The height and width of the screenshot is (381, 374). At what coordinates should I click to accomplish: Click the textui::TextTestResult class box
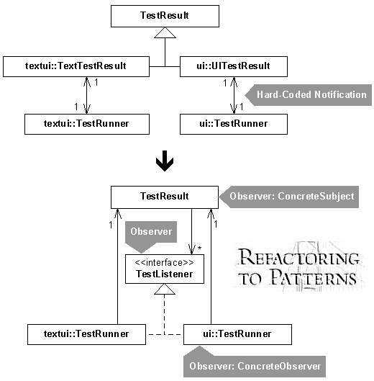coord(76,66)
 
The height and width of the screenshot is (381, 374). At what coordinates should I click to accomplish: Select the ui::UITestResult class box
coord(234,66)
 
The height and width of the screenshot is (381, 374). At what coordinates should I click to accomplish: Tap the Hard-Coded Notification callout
coord(309,95)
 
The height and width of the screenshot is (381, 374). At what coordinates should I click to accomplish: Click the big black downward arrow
coord(165,161)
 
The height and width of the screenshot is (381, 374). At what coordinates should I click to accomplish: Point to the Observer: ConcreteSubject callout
coord(289,197)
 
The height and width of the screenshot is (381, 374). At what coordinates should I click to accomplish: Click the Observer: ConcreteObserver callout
coord(255,363)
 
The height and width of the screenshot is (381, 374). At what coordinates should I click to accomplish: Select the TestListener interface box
coord(165,269)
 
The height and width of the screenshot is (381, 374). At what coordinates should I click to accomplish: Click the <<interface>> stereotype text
coord(164,263)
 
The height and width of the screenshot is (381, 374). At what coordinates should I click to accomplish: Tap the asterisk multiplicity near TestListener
coord(199,248)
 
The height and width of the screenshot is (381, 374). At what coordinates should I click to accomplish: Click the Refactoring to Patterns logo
coord(298,266)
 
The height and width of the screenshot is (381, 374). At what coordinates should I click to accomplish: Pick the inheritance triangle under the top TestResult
coord(165,32)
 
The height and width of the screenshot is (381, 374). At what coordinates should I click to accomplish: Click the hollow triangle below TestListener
coord(165,289)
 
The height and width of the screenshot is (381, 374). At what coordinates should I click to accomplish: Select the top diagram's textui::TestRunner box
coord(87,124)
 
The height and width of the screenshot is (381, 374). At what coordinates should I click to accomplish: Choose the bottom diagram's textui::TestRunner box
coord(86,334)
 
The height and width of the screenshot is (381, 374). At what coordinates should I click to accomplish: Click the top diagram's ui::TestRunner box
coord(234,124)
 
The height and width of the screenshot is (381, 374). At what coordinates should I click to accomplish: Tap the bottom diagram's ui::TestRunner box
coord(237,334)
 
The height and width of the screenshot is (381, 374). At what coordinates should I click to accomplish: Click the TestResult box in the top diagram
coord(165,16)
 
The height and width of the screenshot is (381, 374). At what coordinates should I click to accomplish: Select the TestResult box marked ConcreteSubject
coord(165,197)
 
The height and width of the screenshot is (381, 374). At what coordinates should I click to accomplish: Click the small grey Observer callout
coord(151,235)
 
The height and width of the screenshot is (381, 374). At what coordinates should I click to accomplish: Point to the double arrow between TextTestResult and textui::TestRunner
coord(87,96)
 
